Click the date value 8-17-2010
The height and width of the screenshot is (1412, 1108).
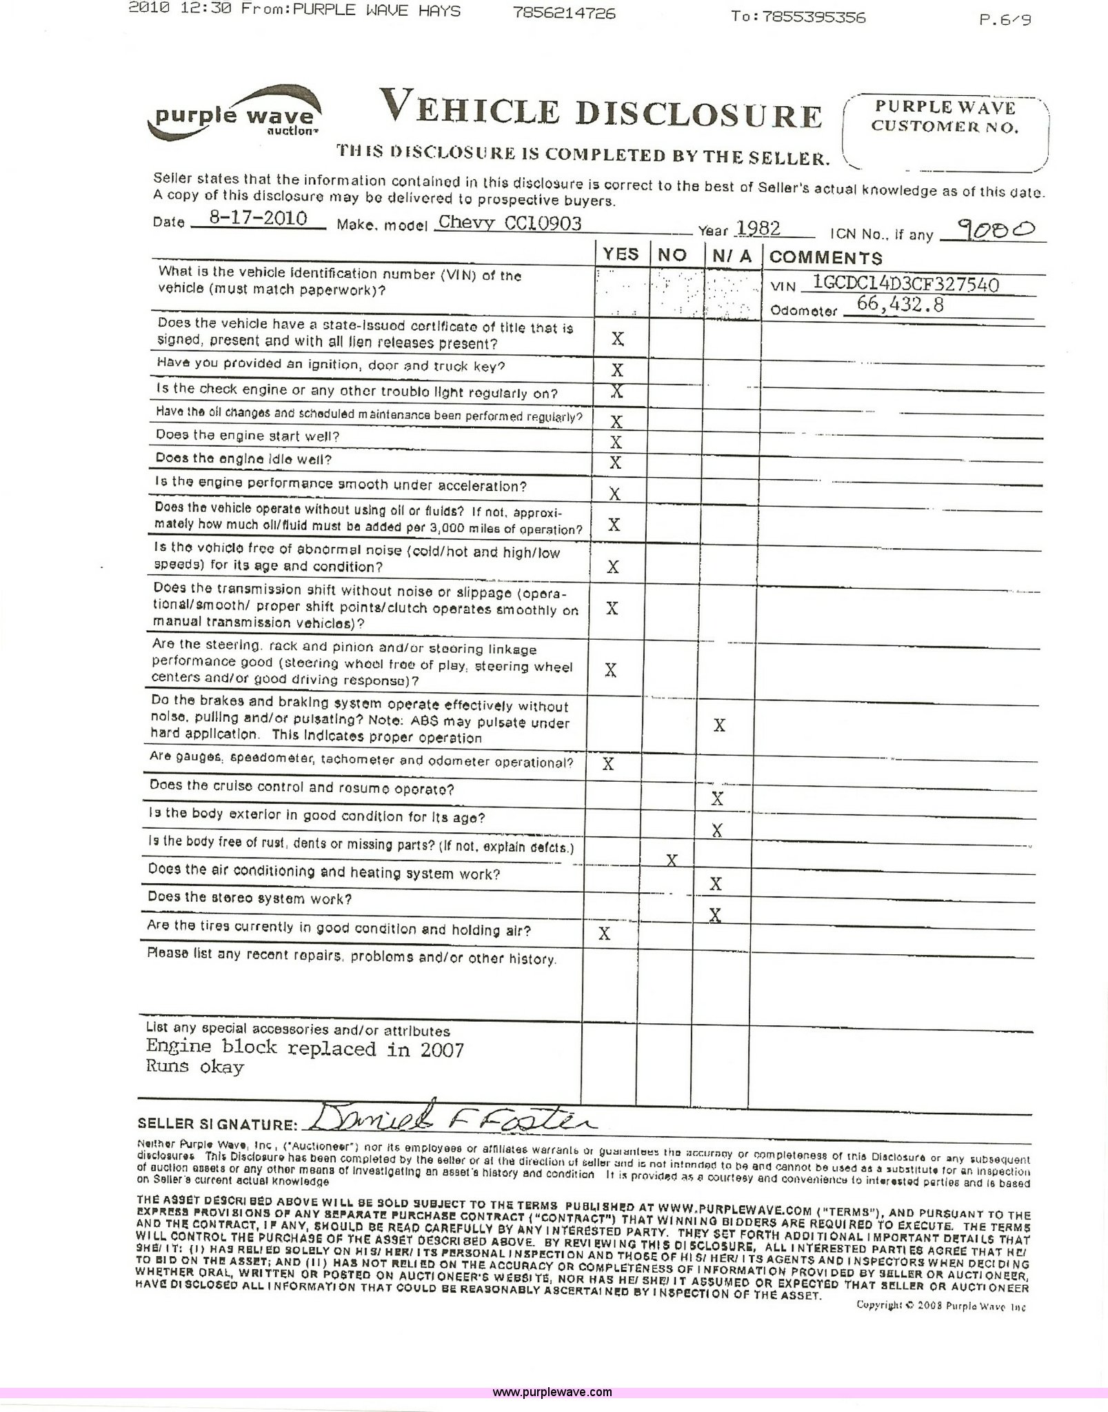[258, 219]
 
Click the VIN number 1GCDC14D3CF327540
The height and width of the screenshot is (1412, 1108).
[906, 283]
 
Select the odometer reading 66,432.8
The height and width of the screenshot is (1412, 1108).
[900, 304]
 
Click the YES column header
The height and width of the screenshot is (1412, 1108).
[621, 254]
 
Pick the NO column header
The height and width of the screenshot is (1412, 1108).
[672, 254]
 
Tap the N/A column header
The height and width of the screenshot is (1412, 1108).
[732, 256]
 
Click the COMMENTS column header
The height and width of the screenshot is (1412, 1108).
[825, 258]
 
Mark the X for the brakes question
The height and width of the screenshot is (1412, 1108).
[719, 725]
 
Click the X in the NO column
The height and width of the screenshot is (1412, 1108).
[671, 860]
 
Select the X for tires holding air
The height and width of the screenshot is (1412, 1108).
[605, 934]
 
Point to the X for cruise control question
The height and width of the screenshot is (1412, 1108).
[717, 799]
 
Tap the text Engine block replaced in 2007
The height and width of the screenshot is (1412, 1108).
[305, 1049]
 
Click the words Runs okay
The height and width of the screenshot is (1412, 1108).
[195, 1067]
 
